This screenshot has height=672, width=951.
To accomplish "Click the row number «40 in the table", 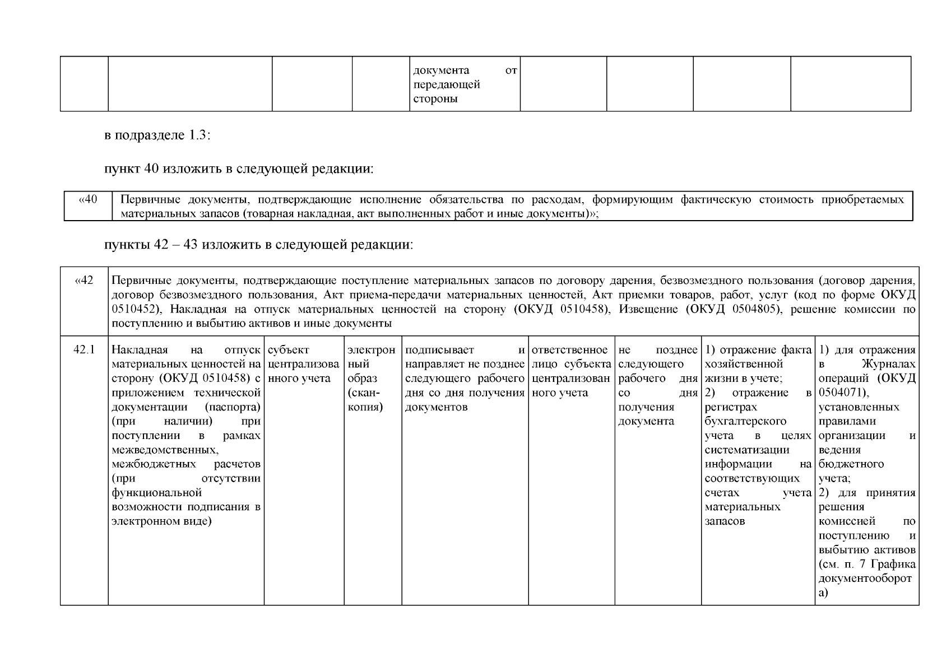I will pyautogui.click(x=88, y=200).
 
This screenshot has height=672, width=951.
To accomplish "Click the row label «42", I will pyautogui.click(x=83, y=281).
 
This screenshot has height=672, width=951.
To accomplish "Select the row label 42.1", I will pyautogui.click(x=84, y=351).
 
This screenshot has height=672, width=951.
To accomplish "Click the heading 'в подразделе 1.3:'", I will pyautogui.click(x=157, y=136).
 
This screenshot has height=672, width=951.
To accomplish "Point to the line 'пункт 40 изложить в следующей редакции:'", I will pyautogui.click(x=239, y=169).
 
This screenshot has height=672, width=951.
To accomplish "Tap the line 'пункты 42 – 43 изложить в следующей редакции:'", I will pyautogui.click(x=259, y=245).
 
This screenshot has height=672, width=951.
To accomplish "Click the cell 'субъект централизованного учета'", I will pyautogui.click(x=303, y=365).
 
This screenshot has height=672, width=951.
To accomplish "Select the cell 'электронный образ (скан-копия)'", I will pyautogui.click(x=371, y=379).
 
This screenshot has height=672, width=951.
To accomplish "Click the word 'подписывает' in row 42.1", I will pyautogui.click(x=440, y=351).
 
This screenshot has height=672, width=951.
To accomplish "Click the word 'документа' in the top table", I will pyautogui.click(x=441, y=71).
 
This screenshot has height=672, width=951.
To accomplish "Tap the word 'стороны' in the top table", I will pyautogui.click(x=435, y=99).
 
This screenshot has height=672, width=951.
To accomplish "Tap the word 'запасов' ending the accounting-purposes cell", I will pyautogui.click(x=725, y=521).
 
